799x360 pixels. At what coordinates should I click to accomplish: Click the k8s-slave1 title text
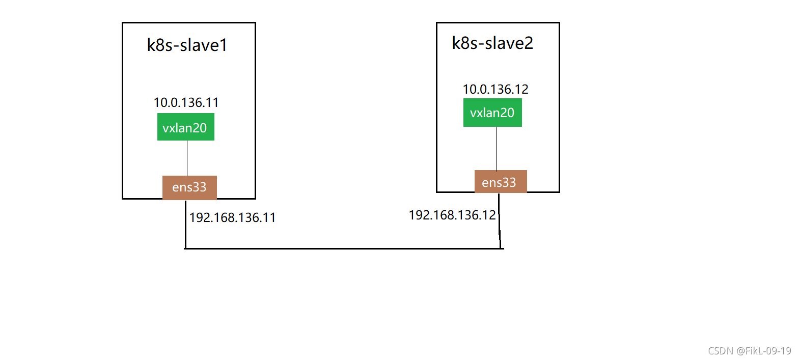pyautogui.click(x=187, y=45)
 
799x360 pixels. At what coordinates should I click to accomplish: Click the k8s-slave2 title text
pyautogui.click(x=492, y=43)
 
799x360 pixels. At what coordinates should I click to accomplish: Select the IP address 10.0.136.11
pyautogui.click(x=186, y=103)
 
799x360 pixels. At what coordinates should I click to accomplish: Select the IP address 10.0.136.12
pyautogui.click(x=495, y=90)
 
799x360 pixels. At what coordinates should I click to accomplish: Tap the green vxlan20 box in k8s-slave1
pyautogui.click(x=185, y=127)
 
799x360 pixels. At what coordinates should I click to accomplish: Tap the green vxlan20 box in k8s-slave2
pyautogui.click(x=492, y=113)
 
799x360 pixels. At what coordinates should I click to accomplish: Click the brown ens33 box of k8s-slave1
pyautogui.click(x=189, y=187)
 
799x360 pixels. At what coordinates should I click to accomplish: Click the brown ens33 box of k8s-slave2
pyautogui.click(x=500, y=182)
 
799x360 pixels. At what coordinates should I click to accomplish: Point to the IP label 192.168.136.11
pyautogui.click(x=232, y=218)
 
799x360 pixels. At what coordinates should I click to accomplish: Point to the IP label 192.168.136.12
pyautogui.click(x=452, y=215)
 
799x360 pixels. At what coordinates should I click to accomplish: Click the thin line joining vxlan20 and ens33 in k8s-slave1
pyautogui.click(x=187, y=158)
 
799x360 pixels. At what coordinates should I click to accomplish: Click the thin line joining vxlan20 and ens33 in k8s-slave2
pyautogui.click(x=496, y=149)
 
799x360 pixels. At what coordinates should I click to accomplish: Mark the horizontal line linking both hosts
pyautogui.click(x=344, y=248)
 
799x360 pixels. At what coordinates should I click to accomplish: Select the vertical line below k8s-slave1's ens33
pyautogui.click(x=185, y=224)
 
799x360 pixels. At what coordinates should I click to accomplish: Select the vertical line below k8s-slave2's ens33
pyautogui.click(x=499, y=221)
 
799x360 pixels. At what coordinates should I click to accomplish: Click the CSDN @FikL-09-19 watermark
pyautogui.click(x=749, y=351)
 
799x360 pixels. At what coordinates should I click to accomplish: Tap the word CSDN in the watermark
pyautogui.click(x=721, y=351)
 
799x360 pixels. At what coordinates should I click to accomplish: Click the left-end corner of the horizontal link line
pyautogui.click(x=185, y=248)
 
